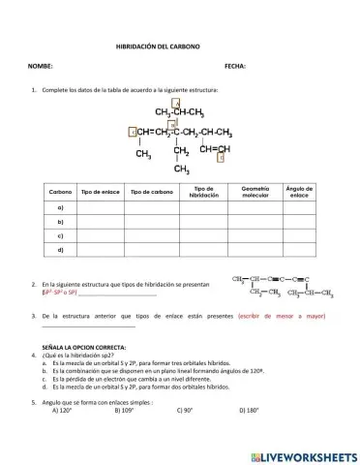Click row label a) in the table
[x=60, y=207]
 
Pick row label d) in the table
[x=60, y=250]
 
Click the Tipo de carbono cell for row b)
[x=150, y=222]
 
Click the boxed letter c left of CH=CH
[x=133, y=132]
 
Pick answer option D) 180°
[x=249, y=410]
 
